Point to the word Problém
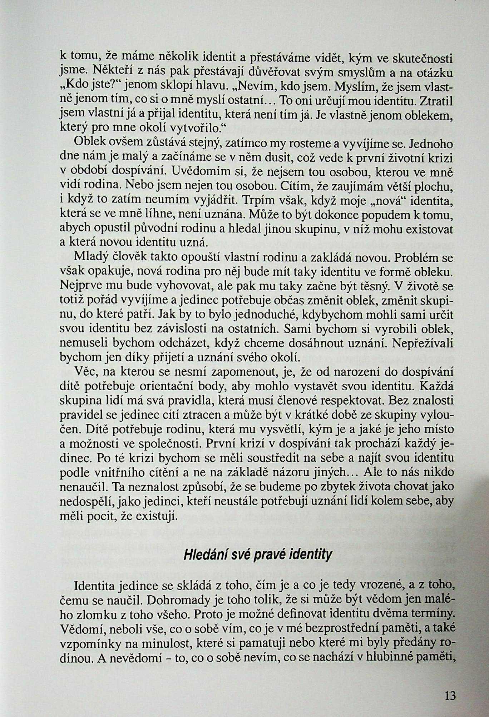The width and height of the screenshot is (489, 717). click(418, 257)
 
